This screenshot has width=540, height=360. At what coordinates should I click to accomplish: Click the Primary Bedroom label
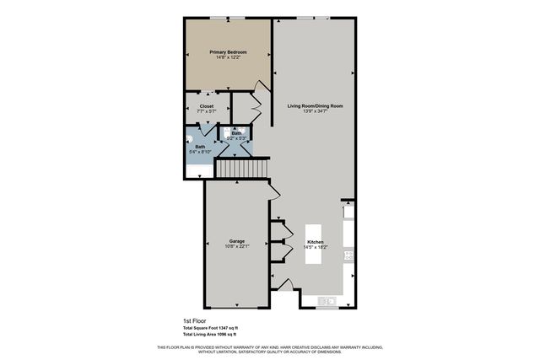click(227, 51)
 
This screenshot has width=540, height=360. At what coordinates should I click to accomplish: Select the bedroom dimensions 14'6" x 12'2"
click(227, 58)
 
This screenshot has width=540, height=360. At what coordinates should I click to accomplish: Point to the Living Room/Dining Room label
click(315, 106)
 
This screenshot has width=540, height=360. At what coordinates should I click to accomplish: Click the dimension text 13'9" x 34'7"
click(315, 112)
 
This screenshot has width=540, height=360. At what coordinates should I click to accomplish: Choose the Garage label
click(237, 241)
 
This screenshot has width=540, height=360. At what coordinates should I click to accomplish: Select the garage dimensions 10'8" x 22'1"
click(237, 247)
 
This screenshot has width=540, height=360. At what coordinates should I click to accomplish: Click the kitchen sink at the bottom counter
click(327, 301)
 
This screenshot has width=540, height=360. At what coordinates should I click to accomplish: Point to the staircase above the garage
click(241, 170)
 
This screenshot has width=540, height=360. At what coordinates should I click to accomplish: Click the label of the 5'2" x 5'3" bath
click(237, 133)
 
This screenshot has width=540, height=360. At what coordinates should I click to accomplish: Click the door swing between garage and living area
click(275, 192)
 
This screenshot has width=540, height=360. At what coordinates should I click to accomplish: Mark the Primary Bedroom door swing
click(260, 83)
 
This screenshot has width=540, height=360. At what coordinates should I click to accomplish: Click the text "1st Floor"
click(195, 321)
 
